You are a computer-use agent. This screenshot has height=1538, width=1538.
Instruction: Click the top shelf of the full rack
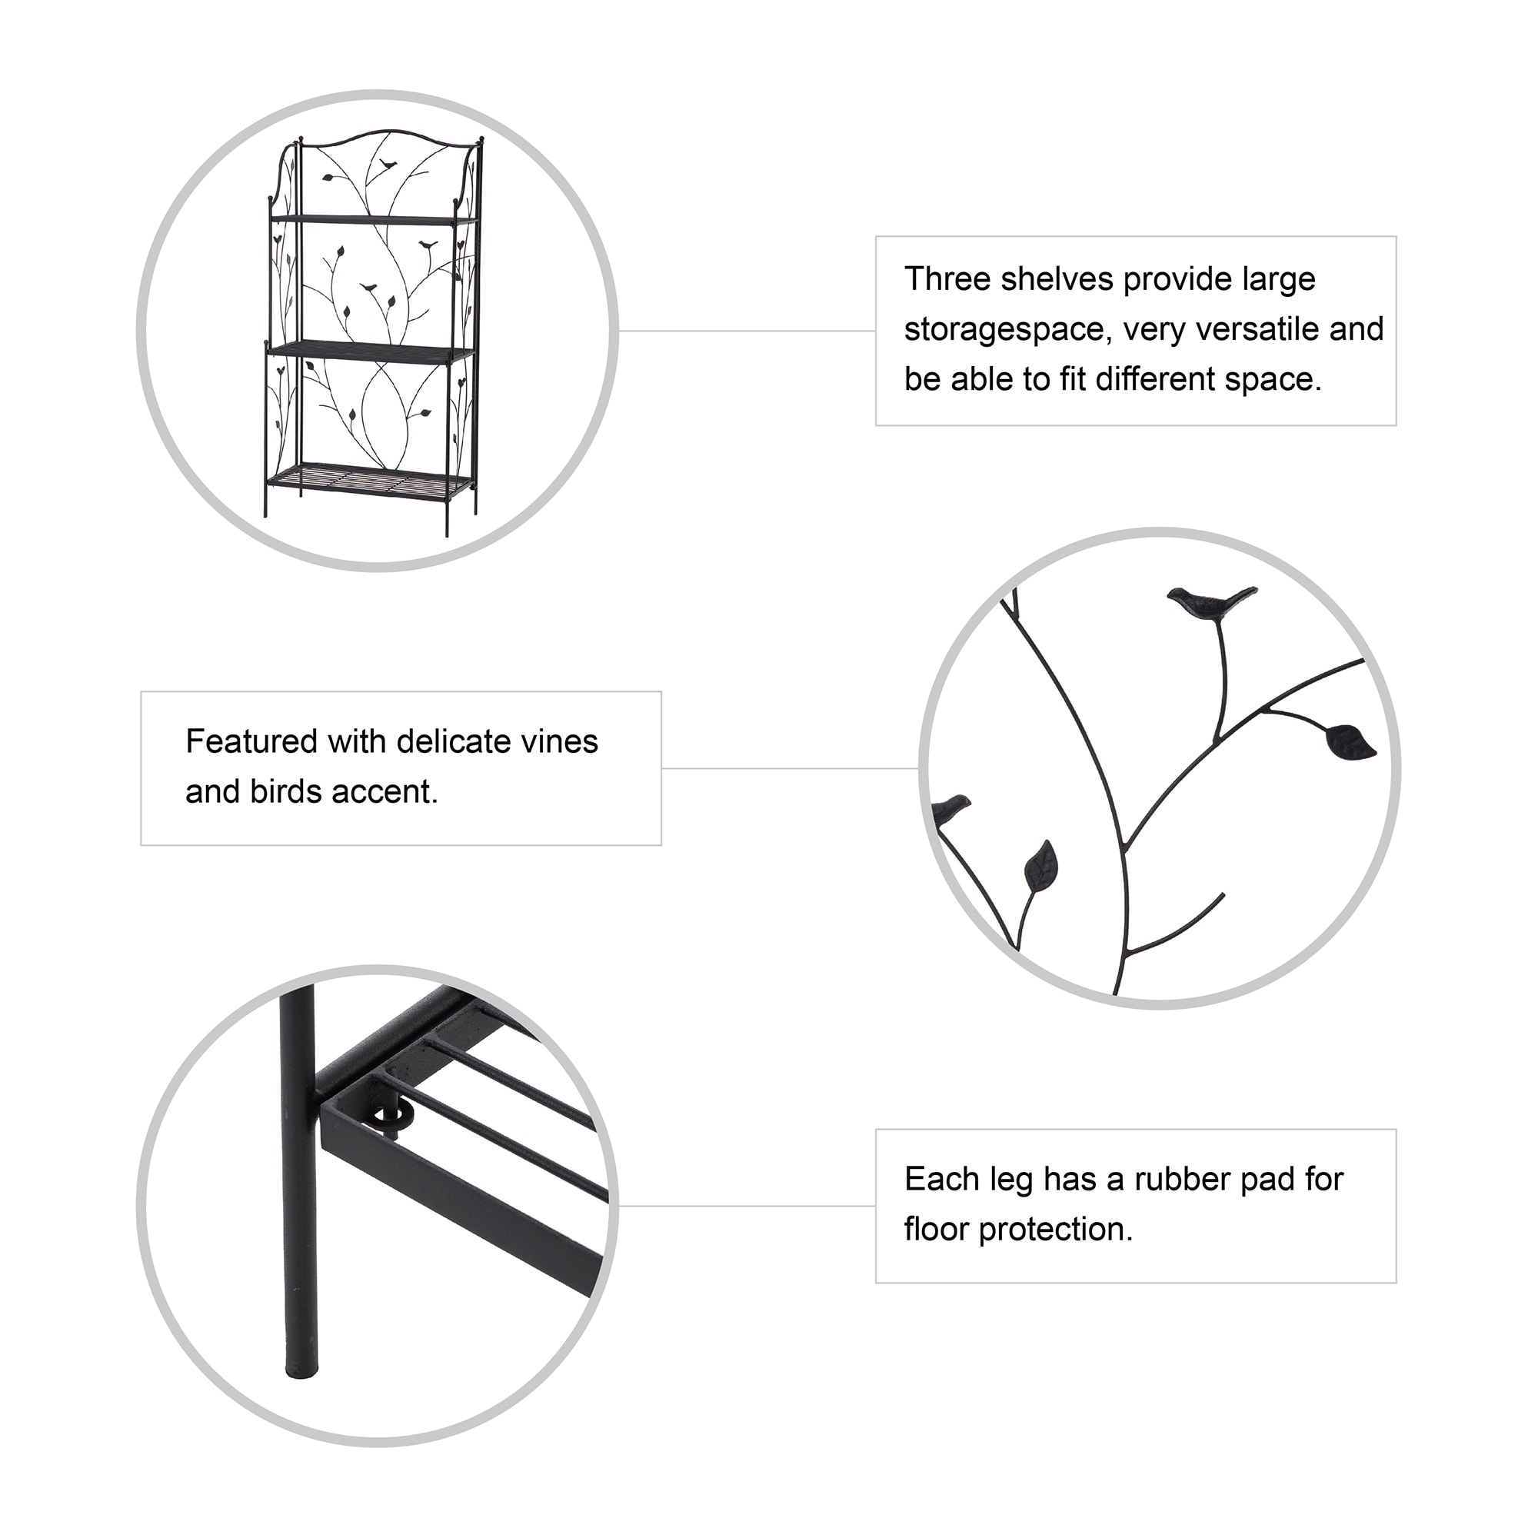(375, 218)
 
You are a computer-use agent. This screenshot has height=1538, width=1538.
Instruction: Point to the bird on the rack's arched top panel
(388, 165)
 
